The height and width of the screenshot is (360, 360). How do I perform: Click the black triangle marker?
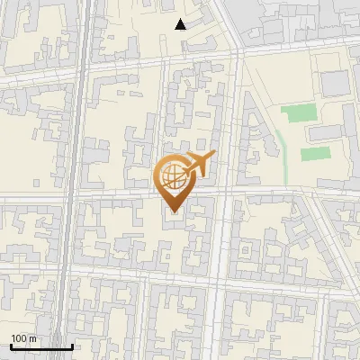tap(181, 24)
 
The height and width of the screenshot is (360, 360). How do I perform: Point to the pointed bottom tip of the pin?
tap(172, 212)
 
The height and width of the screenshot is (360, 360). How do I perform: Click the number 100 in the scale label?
tap(19, 338)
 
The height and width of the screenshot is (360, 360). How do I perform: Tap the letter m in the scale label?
tap(32, 338)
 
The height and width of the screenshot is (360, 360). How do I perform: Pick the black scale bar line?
tap(41, 346)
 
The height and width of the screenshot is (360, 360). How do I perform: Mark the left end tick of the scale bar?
tap(11, 345)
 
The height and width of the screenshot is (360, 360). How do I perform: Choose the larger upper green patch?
tap(299, 113)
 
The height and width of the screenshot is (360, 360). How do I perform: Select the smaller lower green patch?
tap(315, 153)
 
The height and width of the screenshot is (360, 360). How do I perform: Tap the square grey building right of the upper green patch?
tap(335, 83)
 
